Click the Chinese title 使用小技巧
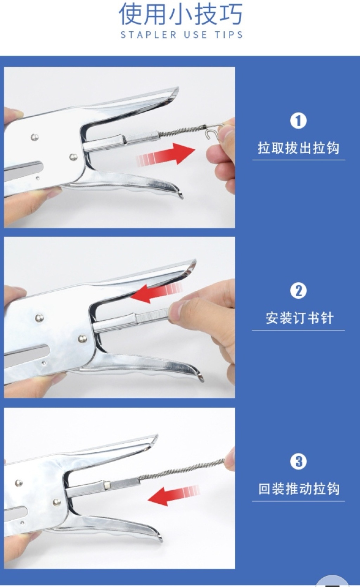point(180,14)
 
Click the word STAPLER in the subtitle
point(149,35)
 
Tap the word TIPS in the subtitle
point(229,35)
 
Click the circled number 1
point(298,121)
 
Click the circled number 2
point(298,291)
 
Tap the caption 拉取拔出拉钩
point(298,148)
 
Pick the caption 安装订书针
point(299,318)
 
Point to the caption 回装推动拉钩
point(299,489)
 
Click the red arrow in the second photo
point(156,293)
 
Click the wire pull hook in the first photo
point(213,130)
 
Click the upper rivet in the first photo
point(34,137)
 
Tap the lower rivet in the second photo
point(83,338)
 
